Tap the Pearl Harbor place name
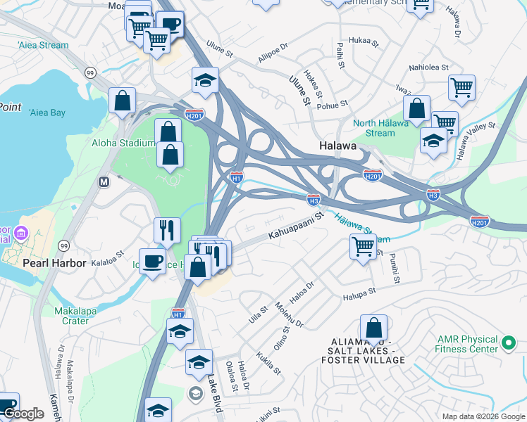tap(54, 263)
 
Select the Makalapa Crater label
tap(71, 316)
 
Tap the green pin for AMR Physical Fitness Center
tap(509, 345)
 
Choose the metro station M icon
tap(104, 181)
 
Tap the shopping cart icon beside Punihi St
tap(363, 247)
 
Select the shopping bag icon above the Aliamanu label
tap(373, 328)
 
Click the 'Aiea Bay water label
tap(47, 113)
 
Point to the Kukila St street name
tap(268, 362)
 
